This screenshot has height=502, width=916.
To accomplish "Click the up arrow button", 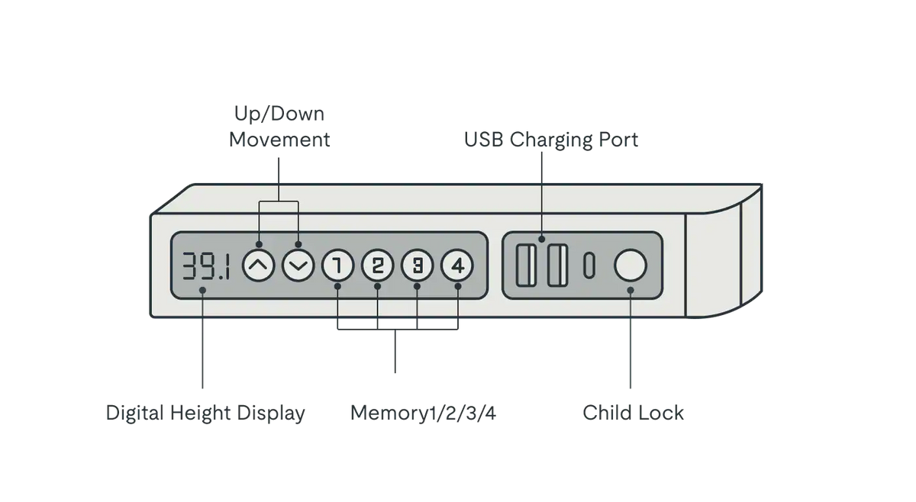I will tap(258, 266).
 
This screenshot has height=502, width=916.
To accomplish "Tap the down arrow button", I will tap(298, 266).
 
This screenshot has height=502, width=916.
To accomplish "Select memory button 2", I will tap(377, 266).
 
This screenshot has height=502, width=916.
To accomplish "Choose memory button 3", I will tap(417, 266).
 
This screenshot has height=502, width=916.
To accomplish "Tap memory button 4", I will tap(457, 266).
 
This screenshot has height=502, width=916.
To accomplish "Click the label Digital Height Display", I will tap(205, 414).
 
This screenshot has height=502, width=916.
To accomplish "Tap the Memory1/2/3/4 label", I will tap(424, 414).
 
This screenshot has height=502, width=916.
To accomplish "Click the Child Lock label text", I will tap(634, 414).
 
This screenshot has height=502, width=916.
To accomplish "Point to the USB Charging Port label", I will tap(551, 140).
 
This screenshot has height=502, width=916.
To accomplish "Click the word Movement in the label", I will tap(279, 140).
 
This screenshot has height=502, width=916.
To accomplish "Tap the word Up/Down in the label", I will tap(279, 115).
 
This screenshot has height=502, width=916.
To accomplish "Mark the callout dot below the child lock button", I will tap(631, 290).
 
